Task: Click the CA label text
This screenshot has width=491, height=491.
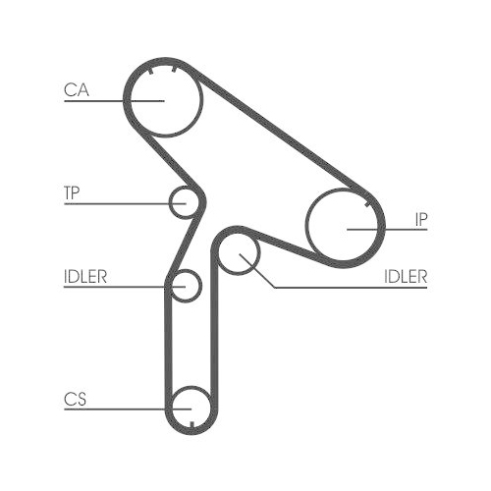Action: point(76,90)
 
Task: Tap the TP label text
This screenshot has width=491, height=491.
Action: point(72,193)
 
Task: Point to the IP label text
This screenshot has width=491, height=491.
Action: point(419,218)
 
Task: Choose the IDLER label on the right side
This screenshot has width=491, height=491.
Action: point(406,276)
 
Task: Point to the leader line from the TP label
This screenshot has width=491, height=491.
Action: point(118,203)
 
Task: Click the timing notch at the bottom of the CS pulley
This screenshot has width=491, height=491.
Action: point(193,424)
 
